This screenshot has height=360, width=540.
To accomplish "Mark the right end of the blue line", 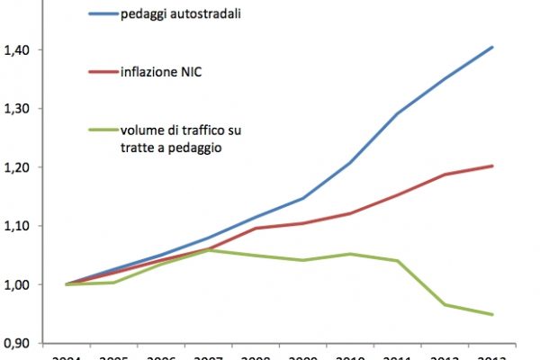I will [x=492, y=47].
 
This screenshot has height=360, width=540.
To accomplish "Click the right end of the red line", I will [x=492, y=166].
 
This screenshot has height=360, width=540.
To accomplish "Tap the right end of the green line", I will [x=492, y=314].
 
